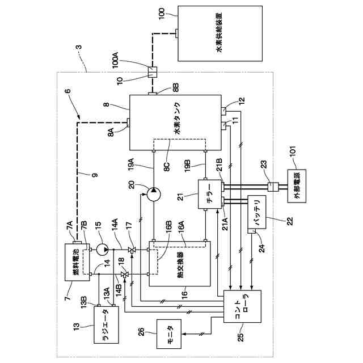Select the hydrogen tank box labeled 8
pos(176,121)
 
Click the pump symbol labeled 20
pos(154,194)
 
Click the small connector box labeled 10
pos(153,72)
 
